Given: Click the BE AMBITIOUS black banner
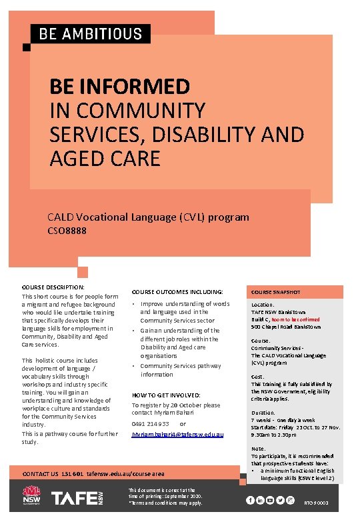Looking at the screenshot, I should coord(90,33).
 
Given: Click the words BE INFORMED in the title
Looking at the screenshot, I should coord(119,86).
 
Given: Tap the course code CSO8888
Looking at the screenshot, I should coord(67,231).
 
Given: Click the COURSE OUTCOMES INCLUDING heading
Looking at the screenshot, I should coord(177,292).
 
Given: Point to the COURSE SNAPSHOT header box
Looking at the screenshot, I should coord(276,292).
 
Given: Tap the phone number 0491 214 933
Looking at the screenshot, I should coord(150,424).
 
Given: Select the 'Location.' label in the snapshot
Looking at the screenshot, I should coord(263,305).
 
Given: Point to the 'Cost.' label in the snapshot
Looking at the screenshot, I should coord(257,377).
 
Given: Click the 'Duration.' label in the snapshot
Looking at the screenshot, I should coord(262,413).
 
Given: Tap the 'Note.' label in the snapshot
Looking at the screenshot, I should coord(257,449).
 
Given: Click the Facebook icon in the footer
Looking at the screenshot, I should coord(250,500).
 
